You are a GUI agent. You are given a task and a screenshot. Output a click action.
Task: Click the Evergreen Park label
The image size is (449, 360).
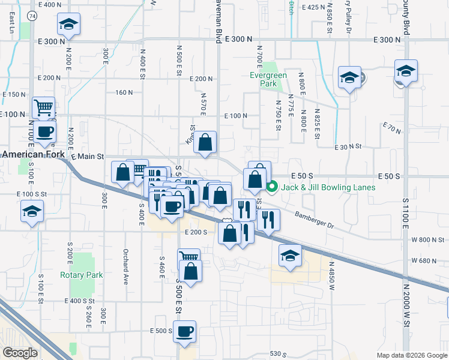[x=268, y=80]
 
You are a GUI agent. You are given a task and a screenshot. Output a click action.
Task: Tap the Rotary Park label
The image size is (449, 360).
[x=82, y=275]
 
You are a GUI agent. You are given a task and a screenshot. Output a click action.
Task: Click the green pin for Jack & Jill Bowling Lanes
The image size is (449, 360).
[x=271, y=187]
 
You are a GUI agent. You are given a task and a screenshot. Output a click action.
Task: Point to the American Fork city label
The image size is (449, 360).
[x=31, y=154]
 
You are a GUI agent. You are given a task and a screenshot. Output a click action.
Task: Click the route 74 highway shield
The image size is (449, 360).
[x=31, y=16]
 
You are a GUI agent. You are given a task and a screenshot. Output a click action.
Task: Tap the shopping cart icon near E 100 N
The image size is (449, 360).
[x=44, y=109]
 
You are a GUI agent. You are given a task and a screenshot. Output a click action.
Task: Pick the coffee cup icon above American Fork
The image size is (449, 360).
[x=44, y=131]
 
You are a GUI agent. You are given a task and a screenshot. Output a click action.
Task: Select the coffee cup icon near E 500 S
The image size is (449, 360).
[x=184, y=331]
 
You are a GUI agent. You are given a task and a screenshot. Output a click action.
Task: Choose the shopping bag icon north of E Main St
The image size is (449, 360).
[x=205, y=143]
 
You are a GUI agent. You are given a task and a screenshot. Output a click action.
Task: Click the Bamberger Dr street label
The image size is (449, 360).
[x=314, y=218]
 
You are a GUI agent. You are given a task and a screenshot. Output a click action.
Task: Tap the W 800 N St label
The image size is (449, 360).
[x=428, y=240]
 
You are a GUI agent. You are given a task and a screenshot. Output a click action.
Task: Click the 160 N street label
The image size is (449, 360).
[x=124, y=92]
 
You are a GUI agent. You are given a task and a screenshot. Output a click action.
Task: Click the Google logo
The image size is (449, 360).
[x=20, y=353]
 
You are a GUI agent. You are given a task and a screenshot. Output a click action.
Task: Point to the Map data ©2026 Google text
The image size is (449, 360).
[x=411, y=355]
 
